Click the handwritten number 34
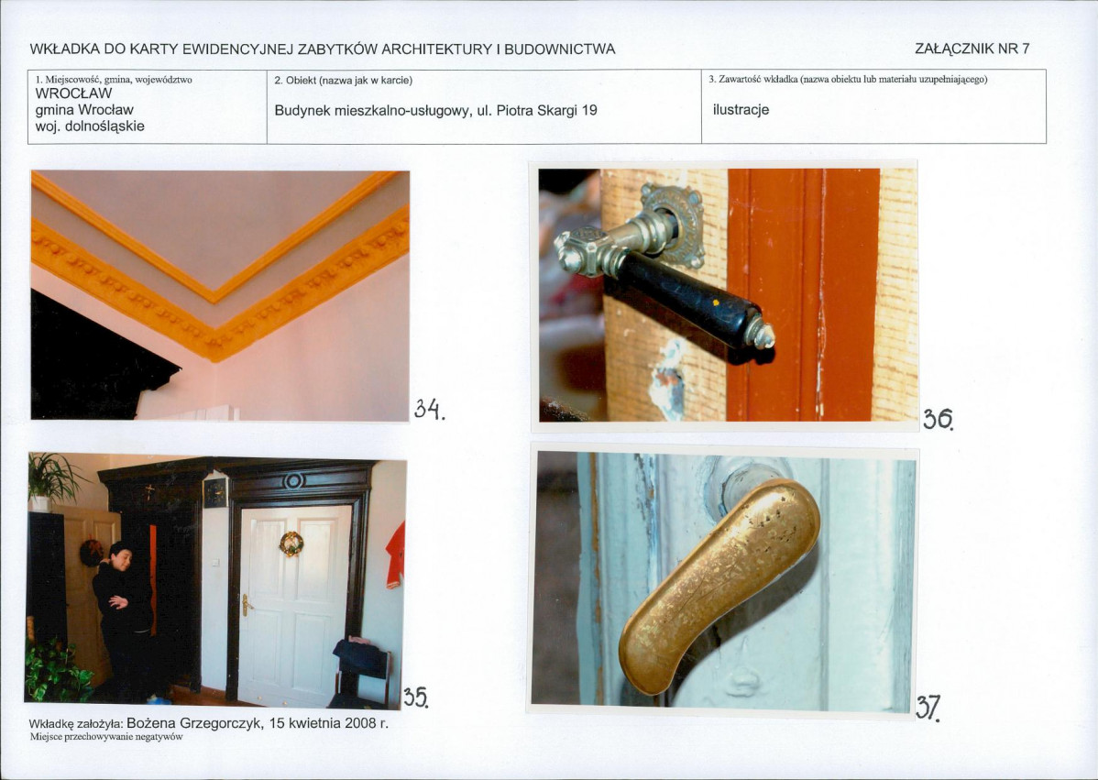(x=429, y=409)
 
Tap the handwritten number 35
(x=415, y=697)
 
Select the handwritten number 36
(x=938, y=419)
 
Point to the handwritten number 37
(x=928, y=708)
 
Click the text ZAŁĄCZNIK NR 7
(x=972, y=49)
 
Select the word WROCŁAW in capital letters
(x=73, y=93)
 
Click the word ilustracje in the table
(x=741, y=110)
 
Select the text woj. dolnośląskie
(x=90, y=126)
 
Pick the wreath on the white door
(x=291, y=544)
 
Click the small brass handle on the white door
(x=245, y=605)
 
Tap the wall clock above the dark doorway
(x=215, y=492)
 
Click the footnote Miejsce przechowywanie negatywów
(x=106, y=737)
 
